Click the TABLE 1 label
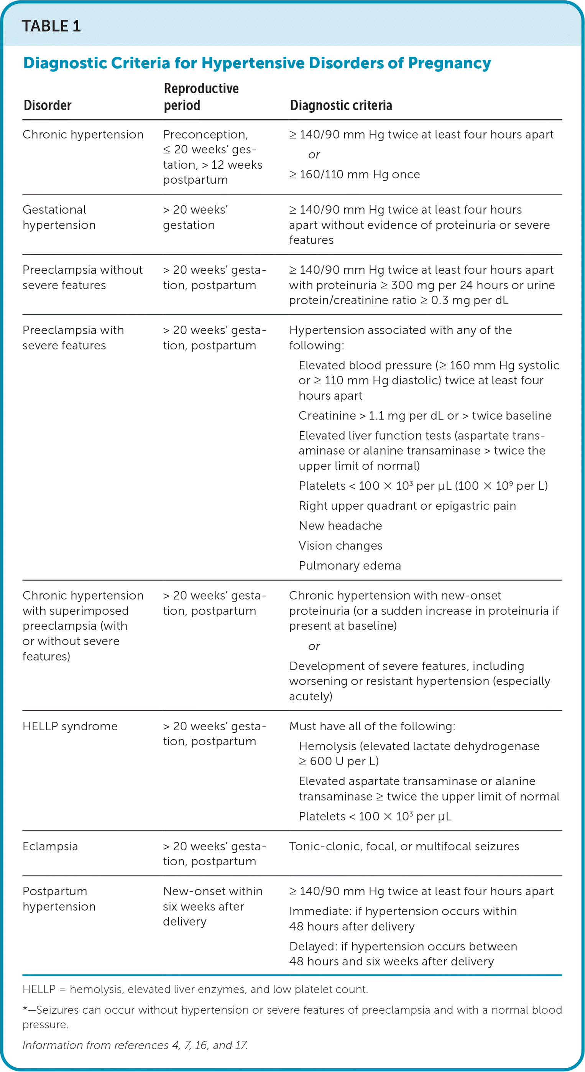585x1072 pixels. pos(51,26)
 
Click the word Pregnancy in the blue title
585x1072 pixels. pos(449,63)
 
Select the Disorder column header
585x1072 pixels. pos(48,105)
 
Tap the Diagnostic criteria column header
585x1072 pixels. pos(341,105)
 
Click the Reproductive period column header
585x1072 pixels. pos(201,97)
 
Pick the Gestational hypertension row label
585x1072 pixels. pos(59,217)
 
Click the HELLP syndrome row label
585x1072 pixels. pos(70,726)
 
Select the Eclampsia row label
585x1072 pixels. pos(50,846)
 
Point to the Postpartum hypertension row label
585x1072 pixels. pos(59,899)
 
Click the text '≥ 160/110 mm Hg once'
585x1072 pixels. pos(355,175)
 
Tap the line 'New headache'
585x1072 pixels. pos(340,525)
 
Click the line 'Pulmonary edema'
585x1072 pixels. pos(350,566)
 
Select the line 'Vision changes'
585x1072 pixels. pos(340,545)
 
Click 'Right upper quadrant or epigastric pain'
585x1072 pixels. pos(407,506)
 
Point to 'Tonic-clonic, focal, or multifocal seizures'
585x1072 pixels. pos(404,846)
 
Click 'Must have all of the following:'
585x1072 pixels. pos(372,726)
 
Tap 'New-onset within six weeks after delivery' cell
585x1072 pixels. pos(212,906)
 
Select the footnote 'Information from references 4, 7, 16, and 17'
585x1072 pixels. pos(135,1045)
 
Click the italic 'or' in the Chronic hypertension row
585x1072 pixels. pos(314,155)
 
